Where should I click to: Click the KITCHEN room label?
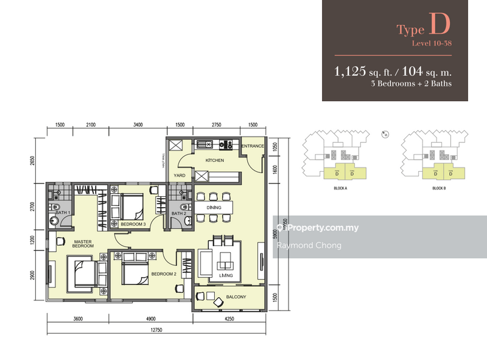(x=215, y=160)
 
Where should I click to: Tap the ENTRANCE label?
(x=252, y=147)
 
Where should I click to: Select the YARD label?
(x=179, y=175)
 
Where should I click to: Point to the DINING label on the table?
(x=215, y=207)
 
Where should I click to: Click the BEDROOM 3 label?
(x=133, y=224)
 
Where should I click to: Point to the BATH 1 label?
(x=65, y=211)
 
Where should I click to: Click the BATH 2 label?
(x=178, y=214)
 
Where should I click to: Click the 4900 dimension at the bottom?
(x=152, y=319)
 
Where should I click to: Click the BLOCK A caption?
(x=341, y=189)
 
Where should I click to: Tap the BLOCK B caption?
(x=440, y=189)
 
